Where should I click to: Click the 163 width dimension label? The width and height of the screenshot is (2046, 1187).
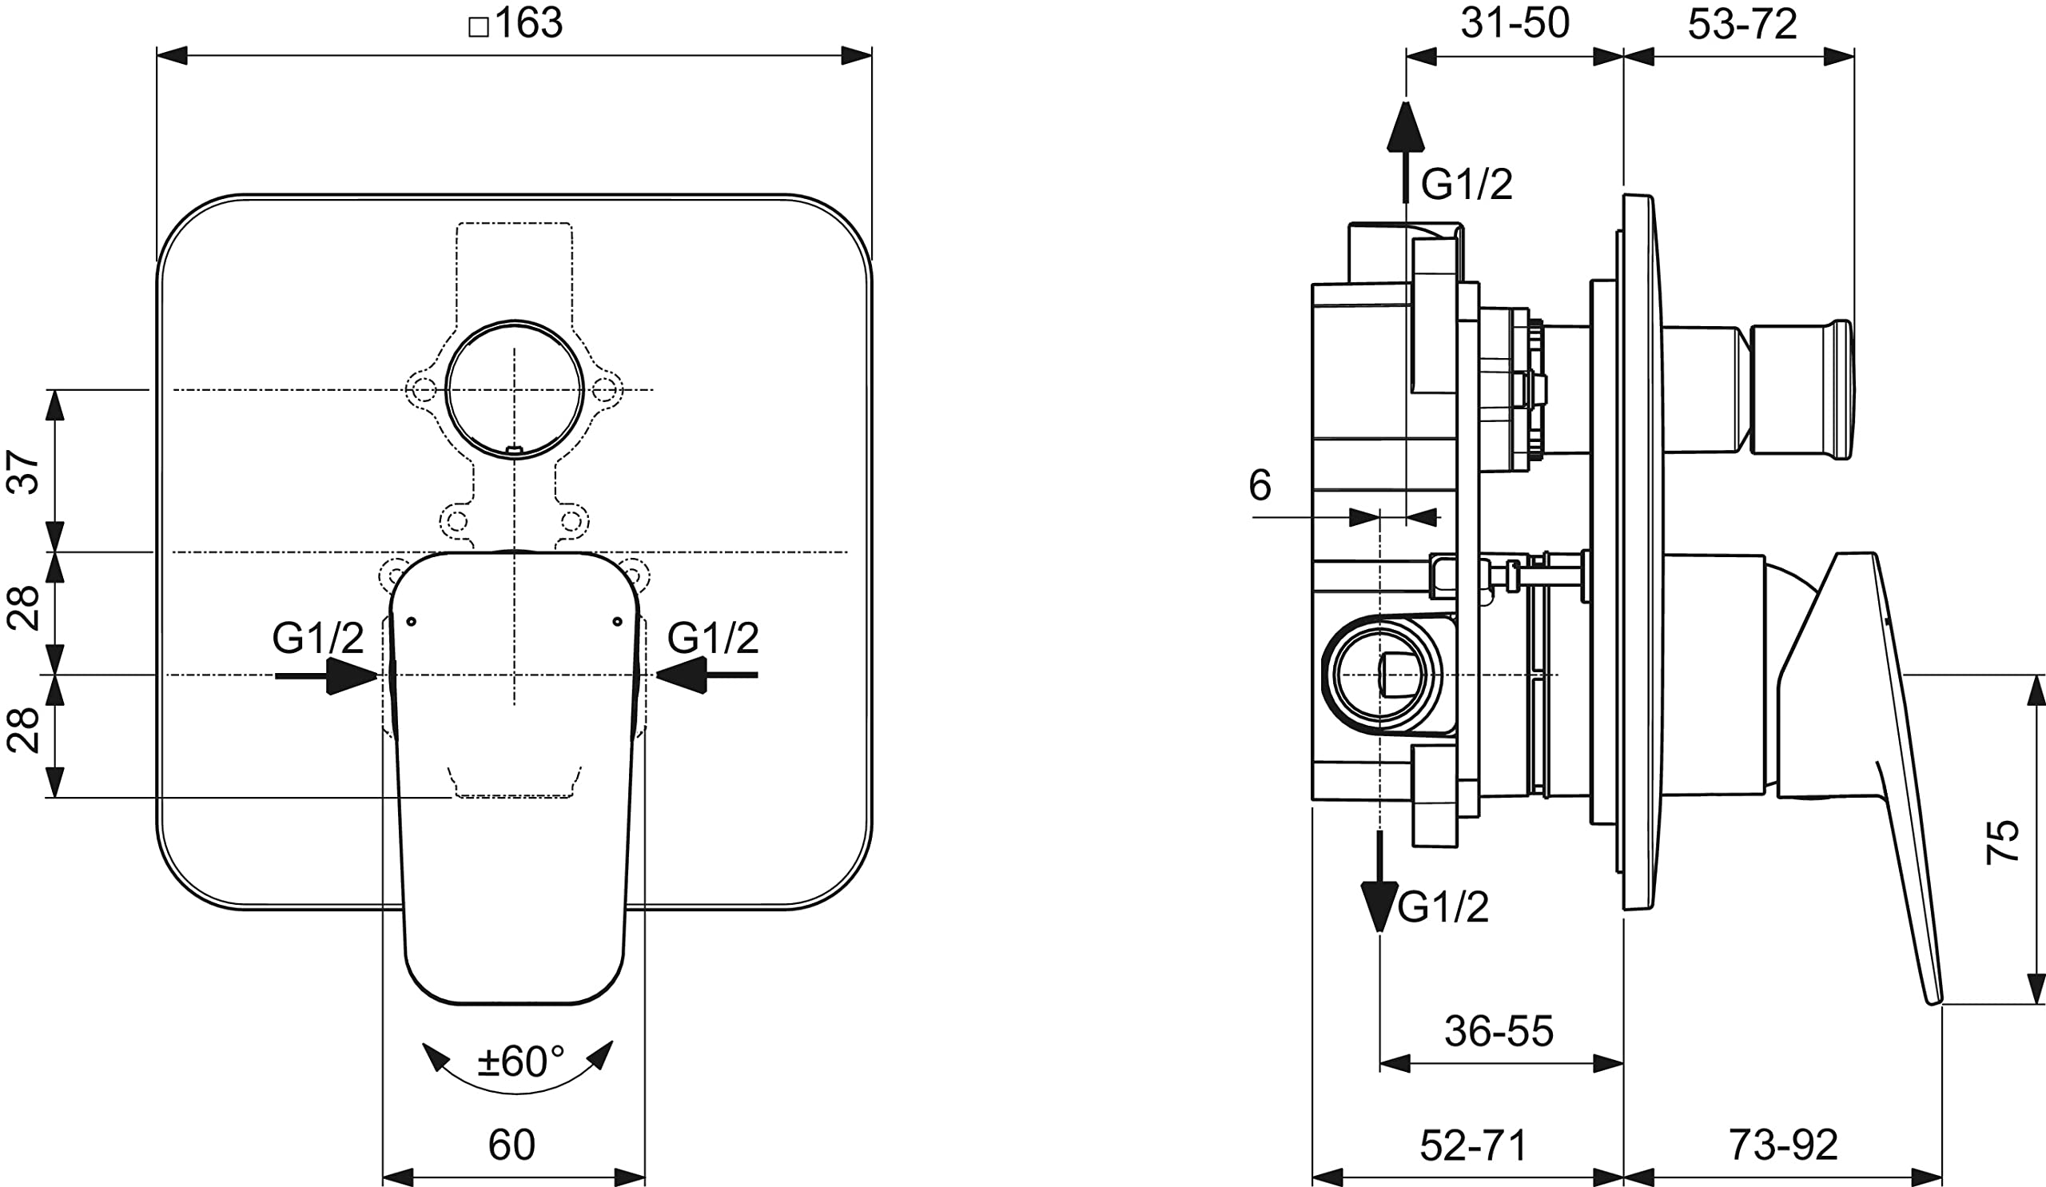click(x=527, y=22)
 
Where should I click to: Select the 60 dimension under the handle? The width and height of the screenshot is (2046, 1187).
click(x=511, y=1145)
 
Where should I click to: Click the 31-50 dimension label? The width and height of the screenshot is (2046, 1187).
click(x=1515, y=22)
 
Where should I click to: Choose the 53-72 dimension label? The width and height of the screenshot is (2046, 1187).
click(x=1742, y=24)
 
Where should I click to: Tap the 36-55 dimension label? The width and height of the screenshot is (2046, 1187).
click(x=1499, y=1031)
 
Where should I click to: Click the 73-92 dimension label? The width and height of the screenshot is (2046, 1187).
click(x=1783, y=1145)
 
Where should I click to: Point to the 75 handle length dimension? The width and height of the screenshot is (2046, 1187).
click(x=2002, y=841)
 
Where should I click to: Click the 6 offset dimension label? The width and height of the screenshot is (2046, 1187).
click(x=1260, y=484)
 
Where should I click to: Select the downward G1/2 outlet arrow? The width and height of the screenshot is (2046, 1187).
click(x=1379, y=881)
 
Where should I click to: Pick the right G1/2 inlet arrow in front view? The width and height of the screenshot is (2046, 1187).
click(x=706, y=675)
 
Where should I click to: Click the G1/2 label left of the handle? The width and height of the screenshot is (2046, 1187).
click(x=318, y=637)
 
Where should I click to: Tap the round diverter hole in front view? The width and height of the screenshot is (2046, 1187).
click(x=515, y=390)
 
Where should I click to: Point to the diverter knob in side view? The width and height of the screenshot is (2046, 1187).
click(x=1801, y=390)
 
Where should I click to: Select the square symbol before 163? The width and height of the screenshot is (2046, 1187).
click(x=479, y=27)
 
